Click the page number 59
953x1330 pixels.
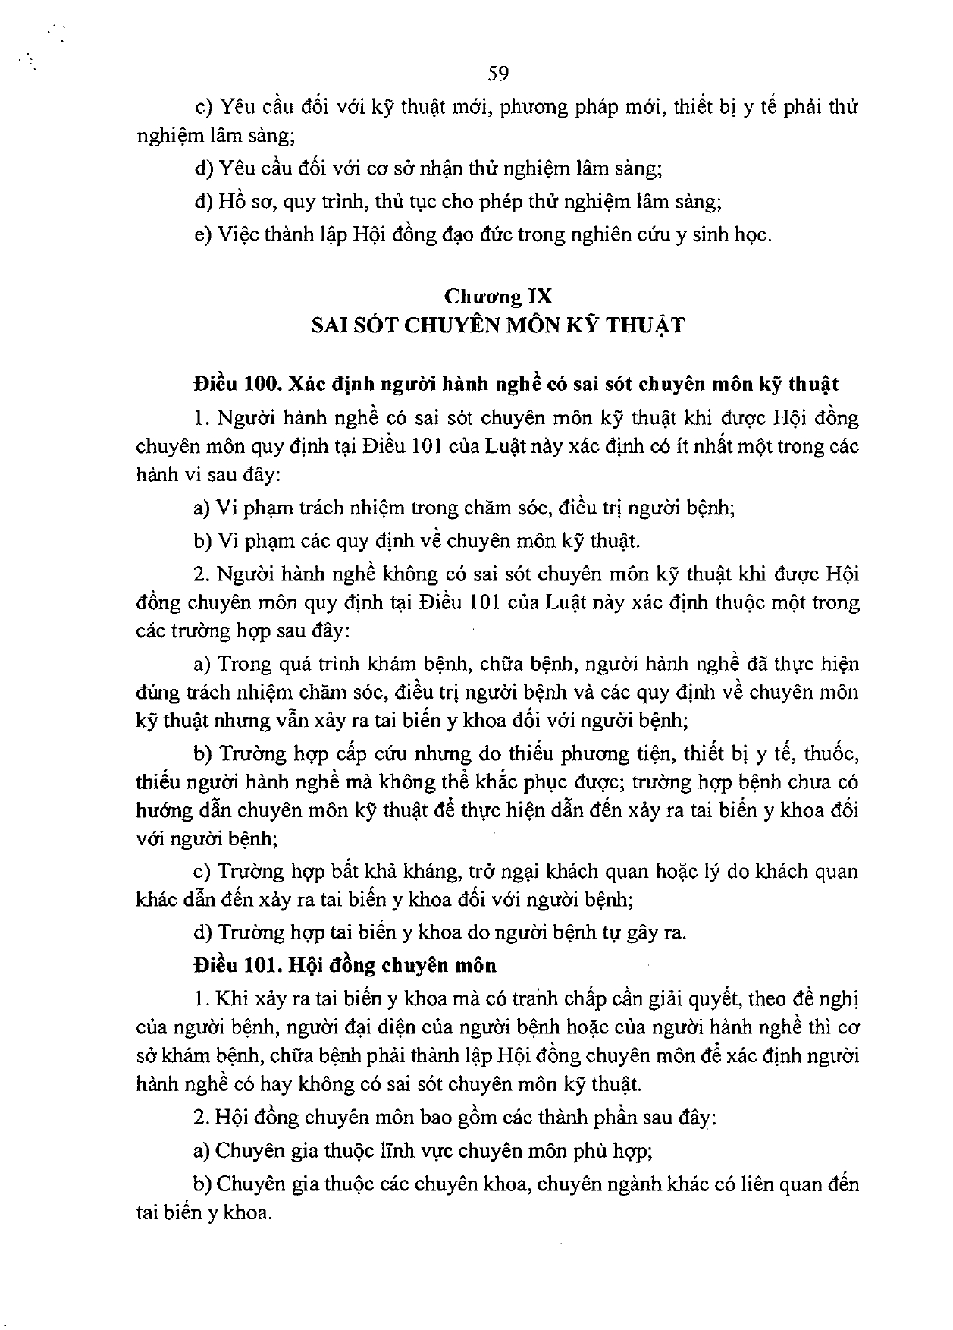498,74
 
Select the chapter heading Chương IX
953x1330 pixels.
498,296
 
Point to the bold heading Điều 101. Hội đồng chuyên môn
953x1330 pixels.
345,966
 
